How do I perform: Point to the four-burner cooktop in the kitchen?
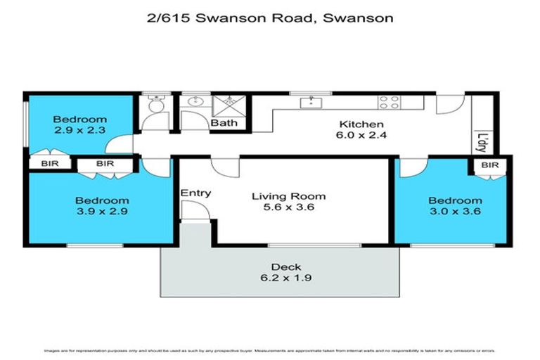[x=389, y=103]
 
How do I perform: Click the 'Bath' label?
[x=224, y=123]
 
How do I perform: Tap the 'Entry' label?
[x=195, y=193]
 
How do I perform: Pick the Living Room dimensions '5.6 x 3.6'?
[x=289, y=208]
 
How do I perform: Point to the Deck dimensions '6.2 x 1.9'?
[x=286, y=278]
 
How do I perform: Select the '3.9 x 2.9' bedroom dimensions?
[x=103, y=210]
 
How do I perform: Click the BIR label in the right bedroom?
[x=490, y=165]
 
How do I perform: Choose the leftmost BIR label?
[x=50, y=164]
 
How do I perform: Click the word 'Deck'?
[x=286, y=266]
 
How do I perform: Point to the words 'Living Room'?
[x=289, y=196]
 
